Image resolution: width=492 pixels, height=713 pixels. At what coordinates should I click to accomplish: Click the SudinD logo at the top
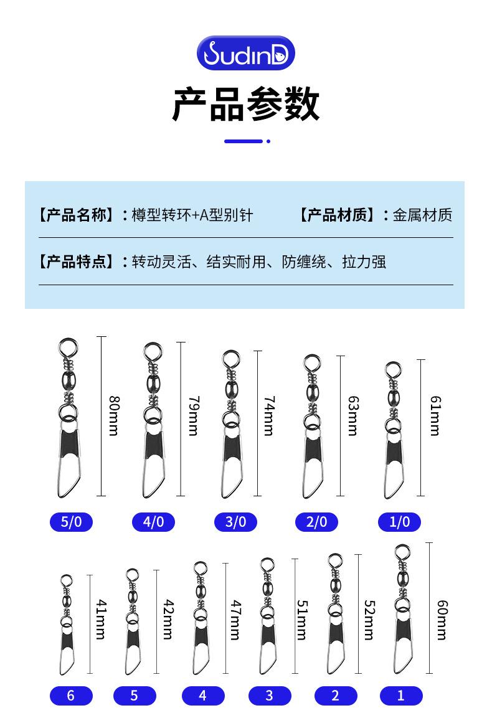point(245,53)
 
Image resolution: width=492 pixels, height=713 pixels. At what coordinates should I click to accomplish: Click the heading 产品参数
point(245,104)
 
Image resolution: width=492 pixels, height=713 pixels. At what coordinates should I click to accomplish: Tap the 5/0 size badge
point(72,522)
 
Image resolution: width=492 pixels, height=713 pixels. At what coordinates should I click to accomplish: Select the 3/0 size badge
point(235,522)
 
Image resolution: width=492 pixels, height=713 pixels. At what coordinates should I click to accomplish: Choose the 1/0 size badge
point(399,522)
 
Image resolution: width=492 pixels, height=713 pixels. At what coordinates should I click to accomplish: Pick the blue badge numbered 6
point(71,696)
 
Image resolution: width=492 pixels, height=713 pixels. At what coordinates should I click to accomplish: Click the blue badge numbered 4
point(203,696)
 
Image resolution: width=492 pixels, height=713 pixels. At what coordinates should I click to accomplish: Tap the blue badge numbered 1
point(401,696)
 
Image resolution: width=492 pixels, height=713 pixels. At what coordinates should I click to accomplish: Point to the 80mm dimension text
point(114,415)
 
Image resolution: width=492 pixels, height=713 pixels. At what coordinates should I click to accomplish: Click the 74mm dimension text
point(270,415)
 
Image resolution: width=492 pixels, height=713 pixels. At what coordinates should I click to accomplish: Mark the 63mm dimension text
point(353,415)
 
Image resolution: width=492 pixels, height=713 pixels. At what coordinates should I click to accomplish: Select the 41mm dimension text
point(102,620)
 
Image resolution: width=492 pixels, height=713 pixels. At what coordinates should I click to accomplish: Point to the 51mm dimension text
point(303,620)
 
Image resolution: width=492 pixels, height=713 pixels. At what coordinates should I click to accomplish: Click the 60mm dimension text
point(442,620)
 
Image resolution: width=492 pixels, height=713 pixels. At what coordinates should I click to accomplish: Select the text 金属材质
point(422,215)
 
